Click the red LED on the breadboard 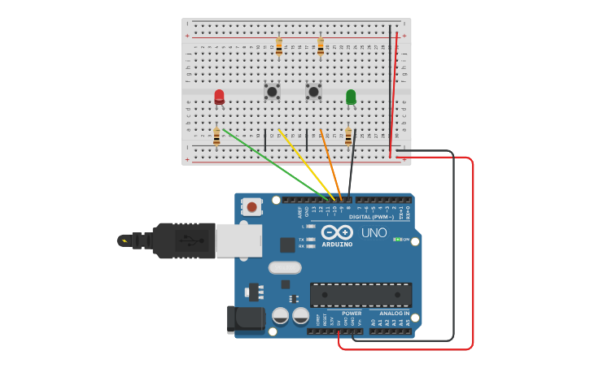tap(219, 97)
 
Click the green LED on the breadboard tap(351, 97)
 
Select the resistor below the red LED tap(216, 136)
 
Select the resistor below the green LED tap(348, 136)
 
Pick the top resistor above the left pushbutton tap(279, 47)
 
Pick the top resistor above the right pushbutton tap(321, 47)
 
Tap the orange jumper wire tap(330, 162)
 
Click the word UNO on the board tap(374, 232)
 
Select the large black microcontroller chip tap(361, 295)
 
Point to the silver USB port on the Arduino tap(239, 240)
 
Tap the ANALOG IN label tap(395, 313)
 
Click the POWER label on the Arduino tap(352, 313)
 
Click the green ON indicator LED tap(396, 240)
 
